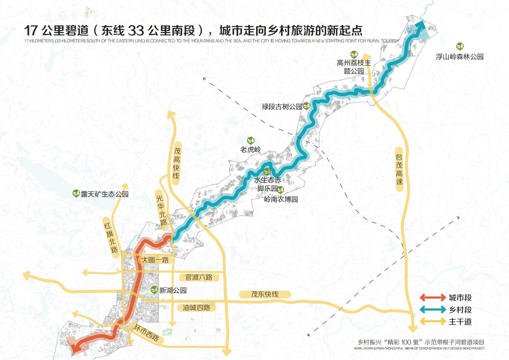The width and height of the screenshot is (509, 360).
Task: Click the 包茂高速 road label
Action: tap(399, 169)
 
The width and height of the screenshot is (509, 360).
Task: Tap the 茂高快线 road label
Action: tap(176, 163)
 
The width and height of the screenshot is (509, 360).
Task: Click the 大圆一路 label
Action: tap(155, 260)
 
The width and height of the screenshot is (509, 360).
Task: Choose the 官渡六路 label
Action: tap(199, 277)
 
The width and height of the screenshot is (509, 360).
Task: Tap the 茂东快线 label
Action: tap(265, 294)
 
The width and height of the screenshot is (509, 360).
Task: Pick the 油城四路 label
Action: tap(196, 308)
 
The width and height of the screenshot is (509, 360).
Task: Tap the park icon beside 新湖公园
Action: tap(154, 290)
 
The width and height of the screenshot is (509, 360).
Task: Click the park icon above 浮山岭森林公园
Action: tap(460, 46)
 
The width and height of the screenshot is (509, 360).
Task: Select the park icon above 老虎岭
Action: tap(250, 140)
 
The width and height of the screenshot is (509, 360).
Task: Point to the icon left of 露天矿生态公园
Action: tap(76, 194)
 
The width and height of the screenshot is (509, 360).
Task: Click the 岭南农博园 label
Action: tap(281, 199)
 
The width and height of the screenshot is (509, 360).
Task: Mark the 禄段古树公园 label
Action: tap(282, 107)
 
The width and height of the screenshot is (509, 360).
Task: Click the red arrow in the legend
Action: tap(433, 297)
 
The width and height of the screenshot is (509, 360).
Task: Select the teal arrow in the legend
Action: tap(433, 310)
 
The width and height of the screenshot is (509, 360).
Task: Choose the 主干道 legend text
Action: tap(460, 322)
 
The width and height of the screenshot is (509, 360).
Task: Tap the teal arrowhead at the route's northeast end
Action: tap(420, 25)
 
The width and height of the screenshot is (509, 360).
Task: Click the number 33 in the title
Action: tap(136, 31)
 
